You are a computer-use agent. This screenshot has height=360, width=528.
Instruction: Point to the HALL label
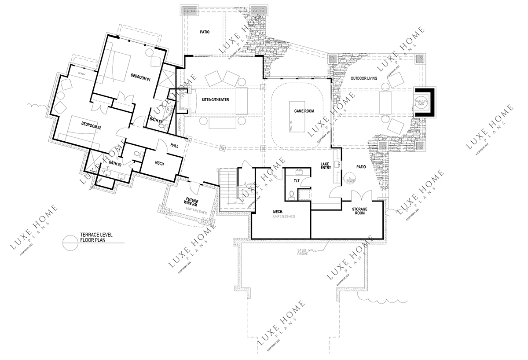[x=174, y=146]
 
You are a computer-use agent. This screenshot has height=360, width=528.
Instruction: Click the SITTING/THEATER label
[x=216, y=100]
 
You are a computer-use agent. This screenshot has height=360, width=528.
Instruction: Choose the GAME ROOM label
[x=304, y=112]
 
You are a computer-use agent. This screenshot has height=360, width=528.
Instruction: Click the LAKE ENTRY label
[x=326, y=166]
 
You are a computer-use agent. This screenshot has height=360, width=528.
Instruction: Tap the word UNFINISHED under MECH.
[x=284, y=217]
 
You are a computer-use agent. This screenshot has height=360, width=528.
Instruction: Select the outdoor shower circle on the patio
[x=351, y=180]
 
